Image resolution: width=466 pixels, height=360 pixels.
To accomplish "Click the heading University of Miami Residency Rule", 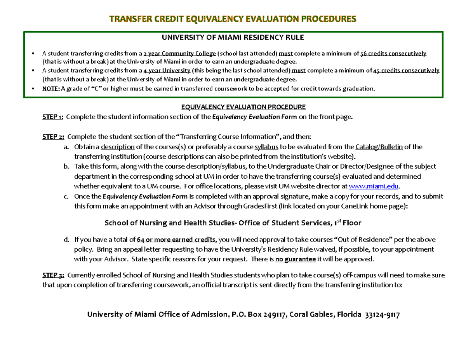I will click(x=233, y=38).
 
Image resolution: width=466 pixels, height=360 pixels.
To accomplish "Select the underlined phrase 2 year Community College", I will click(x=179, y=54).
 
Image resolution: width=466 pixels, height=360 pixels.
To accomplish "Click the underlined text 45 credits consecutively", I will click(x=406, y=71).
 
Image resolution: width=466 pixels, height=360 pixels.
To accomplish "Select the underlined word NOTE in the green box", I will click(x=49, y=89).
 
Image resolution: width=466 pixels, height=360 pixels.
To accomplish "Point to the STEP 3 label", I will click(x=54, y=275).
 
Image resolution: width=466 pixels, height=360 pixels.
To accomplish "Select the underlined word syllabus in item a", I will click(x=266, y=147).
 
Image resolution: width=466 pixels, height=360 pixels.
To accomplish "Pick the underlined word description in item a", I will click(x=118, y=147).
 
